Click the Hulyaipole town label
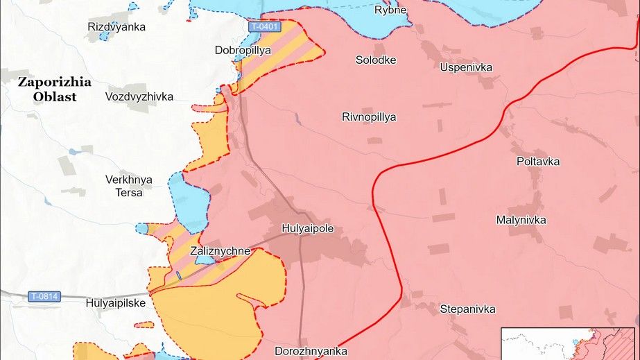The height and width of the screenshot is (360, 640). tap(308, 228)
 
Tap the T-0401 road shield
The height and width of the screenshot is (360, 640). tap(265, 26)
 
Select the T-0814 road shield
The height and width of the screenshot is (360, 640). tap(44, 297)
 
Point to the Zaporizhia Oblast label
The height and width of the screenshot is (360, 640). tap(55, 89)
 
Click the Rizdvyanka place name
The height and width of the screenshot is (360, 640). tap(117, 27)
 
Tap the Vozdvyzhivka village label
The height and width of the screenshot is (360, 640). tap(139, 96)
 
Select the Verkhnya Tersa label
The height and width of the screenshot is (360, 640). tap(129, 186)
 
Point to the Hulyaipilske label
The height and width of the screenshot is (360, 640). tap(115, 303)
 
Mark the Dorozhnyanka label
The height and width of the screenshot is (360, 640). tap(311, 351)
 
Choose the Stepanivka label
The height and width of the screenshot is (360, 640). tap(467, 309)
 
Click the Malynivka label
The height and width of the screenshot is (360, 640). tap(521, 220)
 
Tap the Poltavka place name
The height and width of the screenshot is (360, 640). tap(538, 162)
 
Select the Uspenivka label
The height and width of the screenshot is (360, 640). tap(466, 67)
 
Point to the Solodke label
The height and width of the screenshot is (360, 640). tap(376, 60)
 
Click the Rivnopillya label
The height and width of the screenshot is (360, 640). tap(369, 117)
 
